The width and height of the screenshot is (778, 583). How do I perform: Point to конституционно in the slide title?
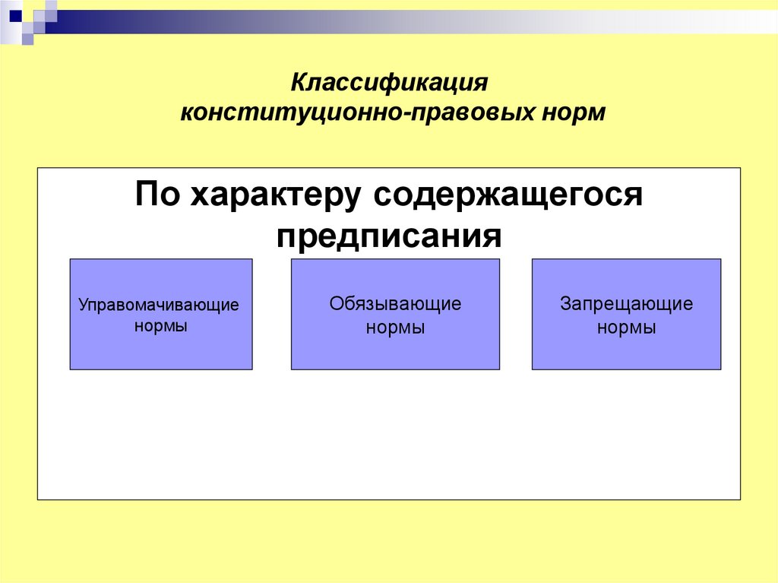tap(293, 112)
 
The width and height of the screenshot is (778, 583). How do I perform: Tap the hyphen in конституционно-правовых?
tap(410, 113)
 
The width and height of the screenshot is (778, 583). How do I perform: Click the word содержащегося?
tap(507, 197)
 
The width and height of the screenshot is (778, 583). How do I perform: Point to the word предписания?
tap(389, 236)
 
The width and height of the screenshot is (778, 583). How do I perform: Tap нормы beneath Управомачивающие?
tap(160, 326)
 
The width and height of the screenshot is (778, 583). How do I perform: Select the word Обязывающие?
tap(395, 304)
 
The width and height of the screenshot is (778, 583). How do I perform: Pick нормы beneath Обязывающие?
tap(395, 328)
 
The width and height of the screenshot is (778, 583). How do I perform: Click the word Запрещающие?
tap(626, 304)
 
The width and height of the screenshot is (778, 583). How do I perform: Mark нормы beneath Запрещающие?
tap(626, 328)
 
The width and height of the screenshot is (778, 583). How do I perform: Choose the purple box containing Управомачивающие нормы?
tap(161, 350)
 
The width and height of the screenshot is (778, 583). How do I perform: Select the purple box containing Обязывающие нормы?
tap(395, 353)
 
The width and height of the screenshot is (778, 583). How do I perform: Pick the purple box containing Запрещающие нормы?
tap(626, 353)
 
